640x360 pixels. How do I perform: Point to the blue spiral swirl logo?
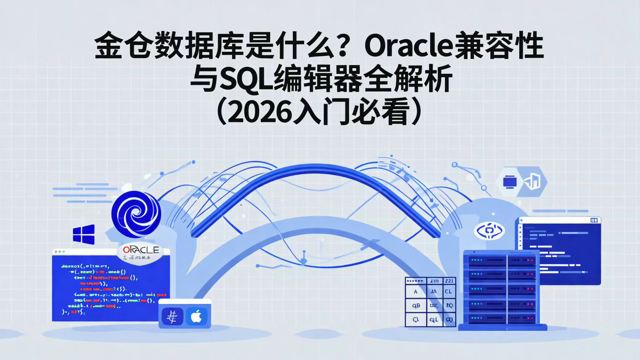coord(136,214)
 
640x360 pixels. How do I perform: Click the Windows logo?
coord(84,234)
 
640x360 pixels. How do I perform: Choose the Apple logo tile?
coord(196,316)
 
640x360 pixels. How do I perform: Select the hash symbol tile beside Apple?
coord(172,316)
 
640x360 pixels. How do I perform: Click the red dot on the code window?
coord(56,252)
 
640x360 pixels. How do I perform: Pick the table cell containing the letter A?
coord(416,292)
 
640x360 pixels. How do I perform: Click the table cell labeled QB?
coord(416,305)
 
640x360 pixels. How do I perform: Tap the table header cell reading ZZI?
coord(448,280)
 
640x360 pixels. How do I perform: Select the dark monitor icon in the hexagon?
coord(509,181)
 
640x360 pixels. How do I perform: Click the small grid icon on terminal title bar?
coord(594,220)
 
